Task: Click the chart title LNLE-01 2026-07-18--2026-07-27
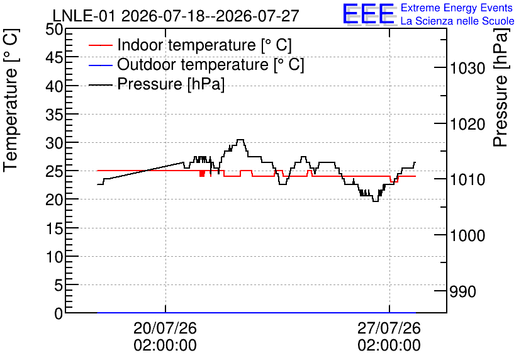[x=176, y=16]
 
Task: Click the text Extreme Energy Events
[x=457, y=8]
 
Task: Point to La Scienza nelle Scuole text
[x=457, y=21]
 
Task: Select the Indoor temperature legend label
[x=204, y=45]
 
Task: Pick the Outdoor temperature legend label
[x=211, y=64]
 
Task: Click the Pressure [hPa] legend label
[x=171, y=84]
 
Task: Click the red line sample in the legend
[x=101, y=45]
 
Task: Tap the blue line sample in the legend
[x=101, y=65]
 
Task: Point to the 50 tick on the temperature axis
[x=54, y=30]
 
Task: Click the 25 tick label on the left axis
[x=54, y=171]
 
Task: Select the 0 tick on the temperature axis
[x=59, y=313]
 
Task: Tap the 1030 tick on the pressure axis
[x=467, y=68]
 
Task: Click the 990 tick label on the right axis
[x=462, y=291]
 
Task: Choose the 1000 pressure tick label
[x=467, y=235]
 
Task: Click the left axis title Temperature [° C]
[x=11, y=101]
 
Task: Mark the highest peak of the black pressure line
[x=240, y=140]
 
